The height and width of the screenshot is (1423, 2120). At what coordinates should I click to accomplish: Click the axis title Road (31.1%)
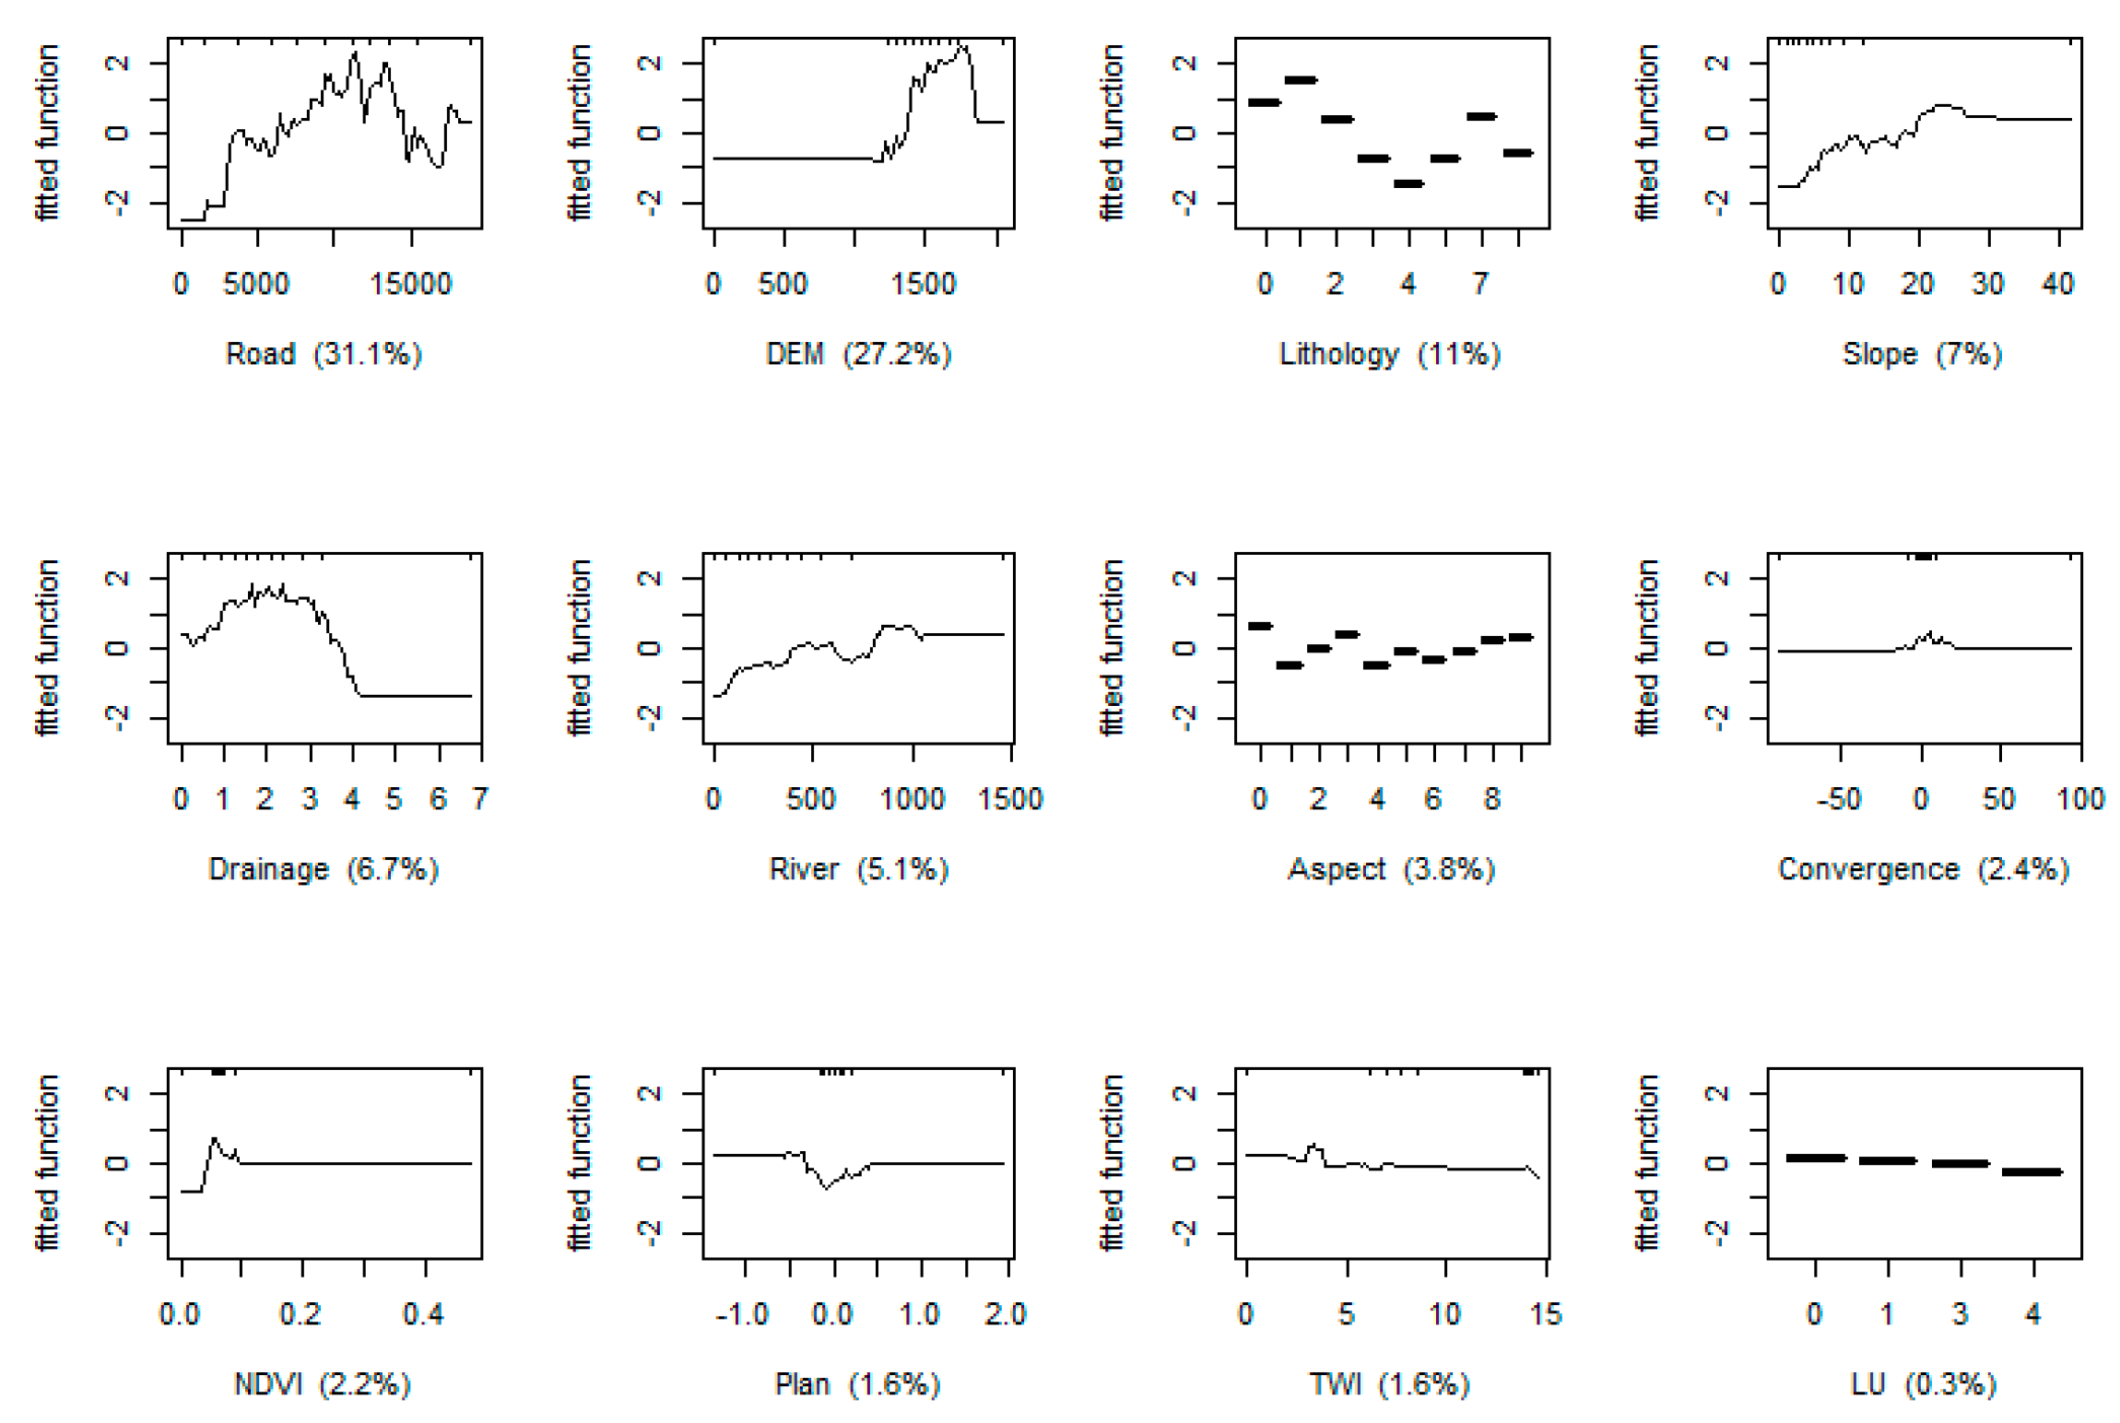pyautogui.click(x=324, y=354)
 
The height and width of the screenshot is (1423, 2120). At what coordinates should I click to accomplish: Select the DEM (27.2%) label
pyautogui.click(x=858, y=354)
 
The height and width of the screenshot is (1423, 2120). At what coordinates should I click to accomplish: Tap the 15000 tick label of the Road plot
pyautogui.click(x=410, y=284)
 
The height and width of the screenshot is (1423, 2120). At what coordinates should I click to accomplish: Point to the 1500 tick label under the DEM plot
pyautogui.click(x=923, y=284)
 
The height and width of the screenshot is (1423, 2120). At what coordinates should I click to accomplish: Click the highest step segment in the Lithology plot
pyautogui.click(x=1301, y=80)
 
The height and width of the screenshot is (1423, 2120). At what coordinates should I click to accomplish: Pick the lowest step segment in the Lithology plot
pyautogui.click(x=1408, y=184)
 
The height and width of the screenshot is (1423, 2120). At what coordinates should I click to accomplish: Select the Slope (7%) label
pyautogui.click(x=1922, y=354)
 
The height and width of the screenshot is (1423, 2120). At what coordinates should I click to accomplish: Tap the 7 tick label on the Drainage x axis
pyautogui.click(x=480, y=798)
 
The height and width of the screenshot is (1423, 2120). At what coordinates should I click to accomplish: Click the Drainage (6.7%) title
pyautogui.click(x=324, y=869)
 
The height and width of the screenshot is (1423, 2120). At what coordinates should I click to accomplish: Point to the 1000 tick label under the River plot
pyautogui.click(x=912, y=798)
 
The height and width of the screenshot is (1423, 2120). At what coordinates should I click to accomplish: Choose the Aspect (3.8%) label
pyautogui.click(x=1391, y=869)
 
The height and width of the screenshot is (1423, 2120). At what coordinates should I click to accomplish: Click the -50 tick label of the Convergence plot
pyautogui.click(x=1839, y=798)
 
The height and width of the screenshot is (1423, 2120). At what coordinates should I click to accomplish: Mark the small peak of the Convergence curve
pyautogui.click(x=1928, y=633)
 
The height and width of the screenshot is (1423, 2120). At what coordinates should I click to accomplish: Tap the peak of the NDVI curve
pyautogui.click(x=215, y=1139)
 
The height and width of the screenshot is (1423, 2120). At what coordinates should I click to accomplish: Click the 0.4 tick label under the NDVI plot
pyautogui.click(x=423, y=1313)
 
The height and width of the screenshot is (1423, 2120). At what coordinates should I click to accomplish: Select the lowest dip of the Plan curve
pyautogui.click(x=826, y=1189)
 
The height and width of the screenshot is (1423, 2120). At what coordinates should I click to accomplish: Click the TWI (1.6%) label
pyautogui.click(x=1389, y=1384)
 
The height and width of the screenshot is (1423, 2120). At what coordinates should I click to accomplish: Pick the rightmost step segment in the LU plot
pyautogui.click(x=2032, y=1172)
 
